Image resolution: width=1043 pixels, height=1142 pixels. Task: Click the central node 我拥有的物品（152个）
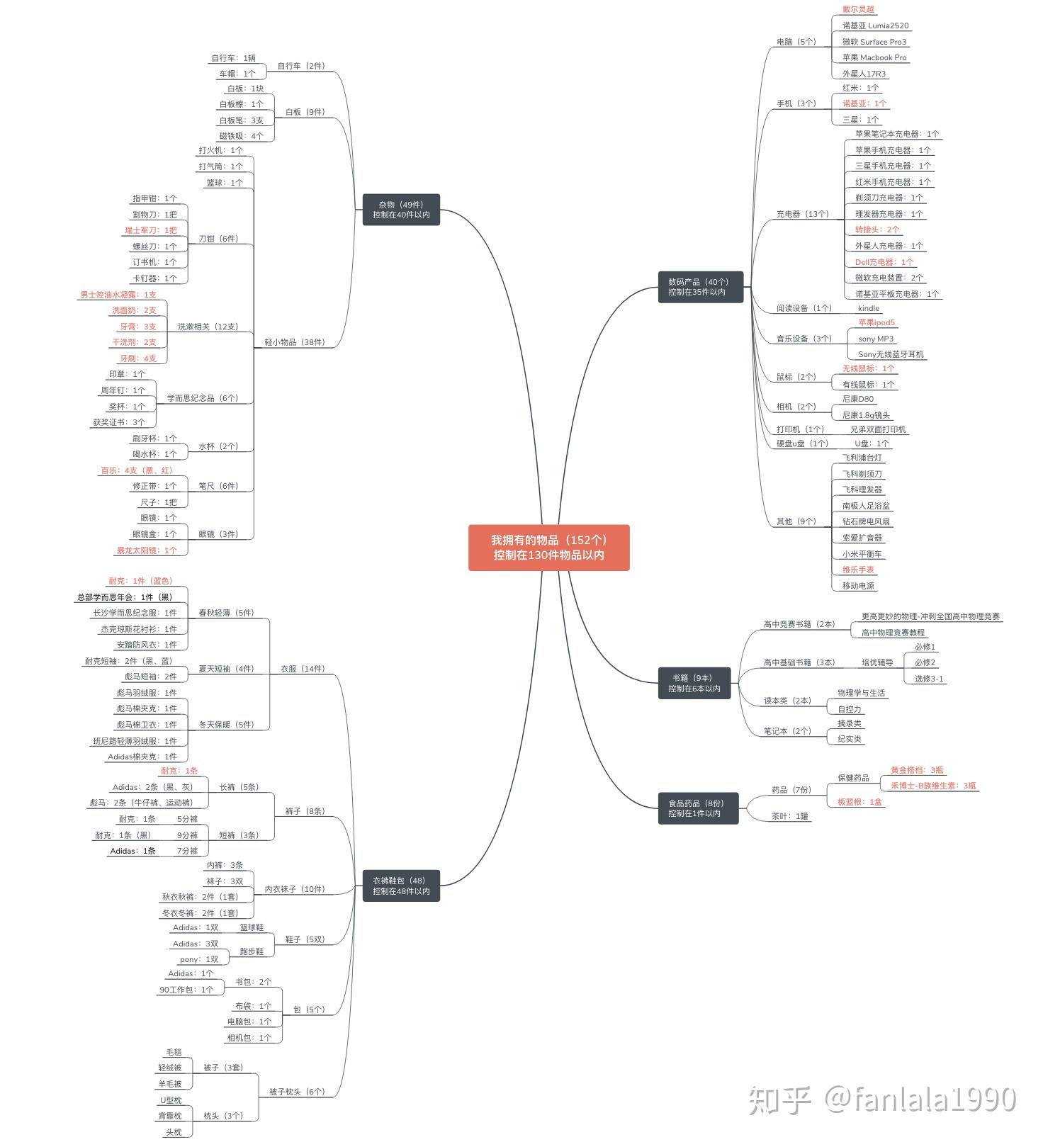pos(548,547)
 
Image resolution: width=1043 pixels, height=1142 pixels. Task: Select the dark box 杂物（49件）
pos(401,210)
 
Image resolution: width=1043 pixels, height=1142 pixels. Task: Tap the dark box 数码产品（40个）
pos(700,287)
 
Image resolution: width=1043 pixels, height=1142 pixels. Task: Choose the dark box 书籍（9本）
pos(694,683)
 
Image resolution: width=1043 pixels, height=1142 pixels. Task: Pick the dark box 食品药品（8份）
pos(698,808)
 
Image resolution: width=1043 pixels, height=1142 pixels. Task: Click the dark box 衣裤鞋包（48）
pos(401,886)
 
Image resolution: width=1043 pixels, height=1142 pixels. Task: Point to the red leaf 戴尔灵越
pos(858,9)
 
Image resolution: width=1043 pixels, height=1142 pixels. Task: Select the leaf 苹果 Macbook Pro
pos(874,57)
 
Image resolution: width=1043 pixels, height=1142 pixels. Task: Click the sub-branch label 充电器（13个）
pos(802,214)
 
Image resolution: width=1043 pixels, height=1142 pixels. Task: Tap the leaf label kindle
pos(868,308)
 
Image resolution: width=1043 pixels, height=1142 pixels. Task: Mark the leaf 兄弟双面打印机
pos(878,429)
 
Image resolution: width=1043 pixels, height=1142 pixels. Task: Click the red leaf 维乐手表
pos(858,570)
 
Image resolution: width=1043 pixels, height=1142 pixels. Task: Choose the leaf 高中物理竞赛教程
pos(893,633)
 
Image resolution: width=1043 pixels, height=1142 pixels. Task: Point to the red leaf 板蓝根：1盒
pos(859,802)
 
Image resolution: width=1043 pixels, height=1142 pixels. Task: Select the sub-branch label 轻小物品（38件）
pos(295,342)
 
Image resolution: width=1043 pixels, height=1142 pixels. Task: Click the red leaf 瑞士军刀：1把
pos(151,230)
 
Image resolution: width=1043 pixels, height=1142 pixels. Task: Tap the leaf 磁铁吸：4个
pos(241,136)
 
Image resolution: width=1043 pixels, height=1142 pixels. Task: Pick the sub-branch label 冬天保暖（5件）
pos(226,725)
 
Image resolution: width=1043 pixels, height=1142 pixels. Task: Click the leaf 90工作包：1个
pos(186,990)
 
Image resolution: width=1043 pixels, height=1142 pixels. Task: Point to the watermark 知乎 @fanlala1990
pos(882,1099)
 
